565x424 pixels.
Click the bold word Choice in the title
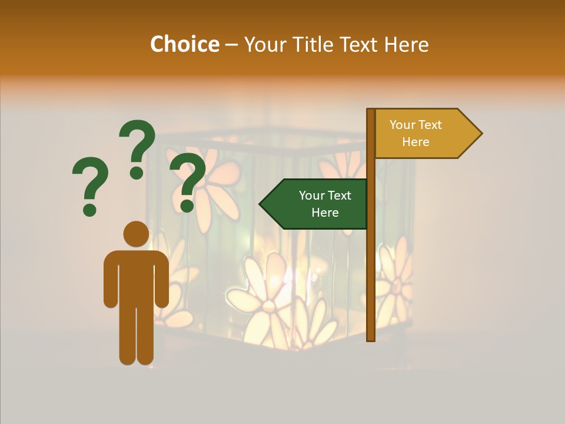(x=184, y=44)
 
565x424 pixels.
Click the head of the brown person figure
(x=136, y=234)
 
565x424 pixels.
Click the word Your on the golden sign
(x=403, y=125)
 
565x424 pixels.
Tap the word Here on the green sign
(x=325, y=213)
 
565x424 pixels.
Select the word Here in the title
(x=406, y=44)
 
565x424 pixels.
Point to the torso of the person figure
(x=136, y=277)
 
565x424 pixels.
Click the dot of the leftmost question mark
(x=89, y=209)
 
